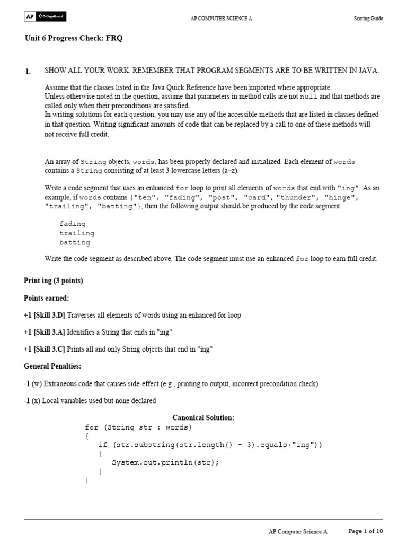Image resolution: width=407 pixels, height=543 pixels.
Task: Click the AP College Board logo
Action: tap(45, 17)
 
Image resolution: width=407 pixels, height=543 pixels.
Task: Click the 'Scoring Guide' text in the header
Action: tap(368, 19)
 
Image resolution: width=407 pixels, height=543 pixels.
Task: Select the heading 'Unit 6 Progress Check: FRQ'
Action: tap(74, 38)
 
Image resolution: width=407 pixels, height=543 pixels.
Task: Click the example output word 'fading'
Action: tap(72, 224)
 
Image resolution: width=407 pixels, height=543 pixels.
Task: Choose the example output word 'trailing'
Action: tap(77, 233)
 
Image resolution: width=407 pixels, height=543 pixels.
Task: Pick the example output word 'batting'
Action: tap(75, 243)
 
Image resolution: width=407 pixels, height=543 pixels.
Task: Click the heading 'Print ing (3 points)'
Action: tap(54, 281)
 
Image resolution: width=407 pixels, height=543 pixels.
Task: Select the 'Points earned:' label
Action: tap(47, 298)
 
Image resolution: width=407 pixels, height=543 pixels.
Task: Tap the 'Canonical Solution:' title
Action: tap(203, 418)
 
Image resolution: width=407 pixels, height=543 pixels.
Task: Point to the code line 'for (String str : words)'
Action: tap(138, 427)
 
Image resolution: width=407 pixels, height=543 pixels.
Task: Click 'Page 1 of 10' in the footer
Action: tap(365, 531)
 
